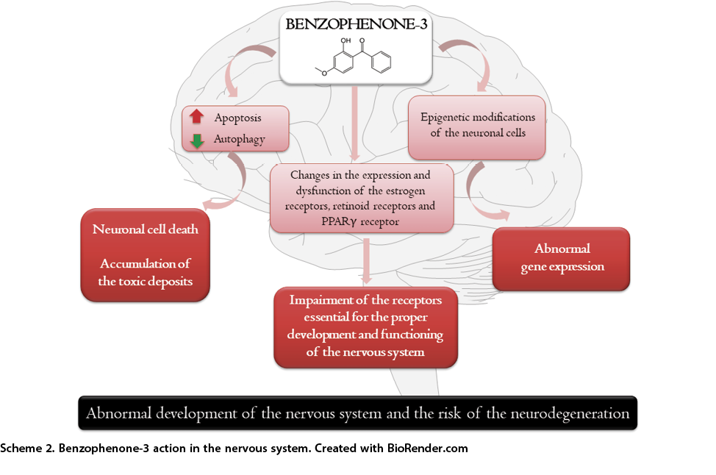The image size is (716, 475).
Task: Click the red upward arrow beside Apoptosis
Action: (x=197, y=116)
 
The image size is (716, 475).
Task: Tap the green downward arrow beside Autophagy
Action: (x=197, y=140)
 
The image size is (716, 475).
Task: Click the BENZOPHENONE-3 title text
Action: (x=357, y=24)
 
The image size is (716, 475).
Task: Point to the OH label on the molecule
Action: (x=346, y=40)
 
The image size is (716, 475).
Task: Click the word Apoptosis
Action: (x=238, y=118)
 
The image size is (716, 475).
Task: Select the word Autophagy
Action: (x=239, y=139)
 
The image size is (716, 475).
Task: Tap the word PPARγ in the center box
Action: (x=339, y=221)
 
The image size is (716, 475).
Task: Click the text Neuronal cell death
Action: (x=146, y=229)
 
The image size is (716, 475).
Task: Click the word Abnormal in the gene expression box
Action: (x=562, y=249)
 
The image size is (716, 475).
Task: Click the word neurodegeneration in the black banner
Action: (x=570, y=414)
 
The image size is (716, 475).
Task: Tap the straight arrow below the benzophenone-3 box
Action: (x=355, y=124)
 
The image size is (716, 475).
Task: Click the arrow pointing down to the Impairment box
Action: (x=366, y=260)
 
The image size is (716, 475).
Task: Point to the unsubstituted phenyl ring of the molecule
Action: (x=381, y=63)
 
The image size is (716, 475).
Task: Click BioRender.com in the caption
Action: (x=427, y=448)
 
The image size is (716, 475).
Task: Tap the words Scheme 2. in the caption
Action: (x=27, y=448)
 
